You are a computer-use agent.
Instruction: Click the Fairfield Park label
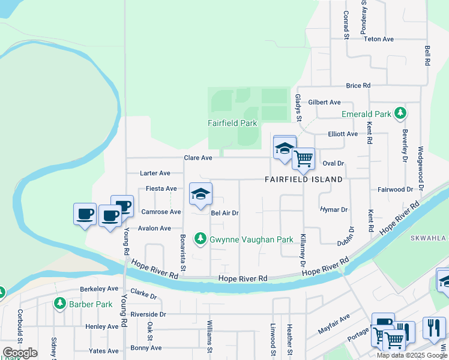click(x=232, y=123)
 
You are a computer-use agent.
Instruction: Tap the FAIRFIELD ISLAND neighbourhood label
click(x=304, y=179)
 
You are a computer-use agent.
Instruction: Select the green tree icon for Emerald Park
click(x=399, y=113)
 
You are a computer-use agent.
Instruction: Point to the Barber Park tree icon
click(x=59, y=304)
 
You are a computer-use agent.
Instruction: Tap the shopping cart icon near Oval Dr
click(x=304, y=159)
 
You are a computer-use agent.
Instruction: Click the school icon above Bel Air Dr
click(x=200, y=194)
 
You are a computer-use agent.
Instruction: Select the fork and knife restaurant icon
click(x=433, y=328)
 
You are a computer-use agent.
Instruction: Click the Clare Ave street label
click(x=198, y=158)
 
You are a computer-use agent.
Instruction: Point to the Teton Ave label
click(x=379, y=39)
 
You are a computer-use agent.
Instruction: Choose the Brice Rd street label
click(x=358, y=86)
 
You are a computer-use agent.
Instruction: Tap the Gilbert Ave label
click(x=324, y=103)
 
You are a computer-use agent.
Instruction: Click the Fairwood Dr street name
click(x=395, y=189)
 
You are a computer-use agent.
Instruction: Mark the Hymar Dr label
click(x=334, y=209)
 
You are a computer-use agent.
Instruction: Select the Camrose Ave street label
click(x=161, y=212)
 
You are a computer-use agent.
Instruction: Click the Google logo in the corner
click(x=19, y=352)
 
